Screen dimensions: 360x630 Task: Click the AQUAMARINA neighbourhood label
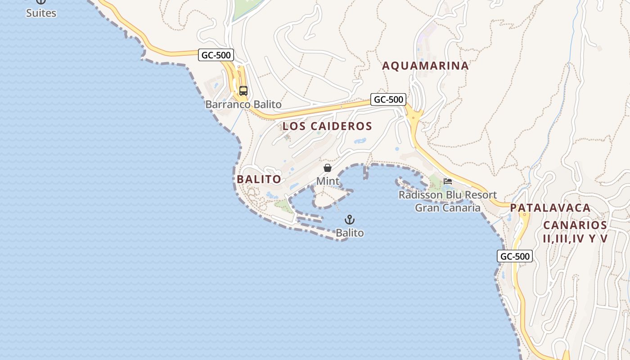(x=425, y=66)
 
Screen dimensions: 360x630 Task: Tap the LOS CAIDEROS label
(x=327, y=126)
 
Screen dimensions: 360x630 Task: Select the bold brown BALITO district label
(x=259, y=179)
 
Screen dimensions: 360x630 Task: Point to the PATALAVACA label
(x=550, y=208)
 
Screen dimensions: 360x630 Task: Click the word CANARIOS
(x=575, y=225)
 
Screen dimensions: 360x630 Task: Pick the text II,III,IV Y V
(x=575, y=238)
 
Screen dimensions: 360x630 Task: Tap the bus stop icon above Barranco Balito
(x=243, y=91)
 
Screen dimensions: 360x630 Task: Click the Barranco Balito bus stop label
(x=243, y=105)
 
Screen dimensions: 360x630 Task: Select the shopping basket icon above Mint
(x=328, y=168)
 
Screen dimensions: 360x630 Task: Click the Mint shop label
(x=328, y=181)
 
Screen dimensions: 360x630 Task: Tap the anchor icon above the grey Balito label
(x=350, y=220)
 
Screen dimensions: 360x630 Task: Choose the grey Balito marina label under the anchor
(x=350, y=233)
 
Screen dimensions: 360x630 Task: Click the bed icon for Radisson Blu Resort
(x=447, y=181)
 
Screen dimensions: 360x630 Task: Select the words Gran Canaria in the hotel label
(x=447, y=208)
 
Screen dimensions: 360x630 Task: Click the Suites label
(x=41, y=13)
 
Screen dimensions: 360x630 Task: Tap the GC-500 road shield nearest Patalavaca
(x=515, y=256)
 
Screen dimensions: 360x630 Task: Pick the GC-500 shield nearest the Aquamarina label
(x=388, y=99)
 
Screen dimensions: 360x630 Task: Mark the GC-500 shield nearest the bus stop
(x=216, y=55)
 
